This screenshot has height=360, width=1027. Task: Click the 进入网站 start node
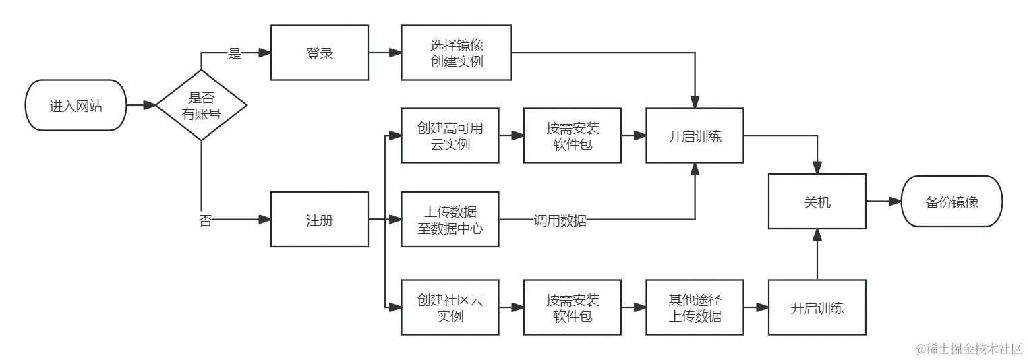click(x=76, y=105)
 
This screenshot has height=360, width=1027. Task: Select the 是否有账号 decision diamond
click(x=201, y=105)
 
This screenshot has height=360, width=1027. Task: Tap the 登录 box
click(x=320, y=53)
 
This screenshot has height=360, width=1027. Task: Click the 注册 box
click(x=320, y=219)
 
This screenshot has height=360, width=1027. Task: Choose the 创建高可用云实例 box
click(x=450, y=136)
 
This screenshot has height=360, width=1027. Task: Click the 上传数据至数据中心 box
click(x=450, y=219)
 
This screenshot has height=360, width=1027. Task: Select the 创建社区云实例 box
click(x=450, y=307)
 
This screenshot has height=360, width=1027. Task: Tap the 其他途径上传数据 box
click(x=695, y=307)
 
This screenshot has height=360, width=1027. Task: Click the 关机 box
click(x=817, y=201)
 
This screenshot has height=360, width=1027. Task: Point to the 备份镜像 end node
click(x=951, y=201)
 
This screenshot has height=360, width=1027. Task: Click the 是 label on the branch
click(x=234, y=54)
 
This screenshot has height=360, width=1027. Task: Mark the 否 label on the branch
click(x=205, y=220)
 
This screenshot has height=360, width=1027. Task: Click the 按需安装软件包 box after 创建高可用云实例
click(x=572, y=136)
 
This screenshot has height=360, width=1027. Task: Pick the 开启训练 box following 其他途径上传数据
click(x=817, y=307)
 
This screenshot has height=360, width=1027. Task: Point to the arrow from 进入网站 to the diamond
click(x=141, y=105)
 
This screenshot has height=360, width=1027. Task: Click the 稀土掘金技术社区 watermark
click(x=968, y=349)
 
